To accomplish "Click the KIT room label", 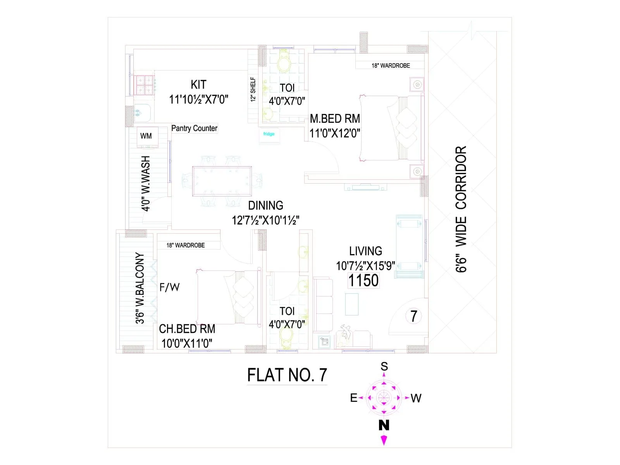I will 198,84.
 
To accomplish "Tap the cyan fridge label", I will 269,134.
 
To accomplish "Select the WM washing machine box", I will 146,136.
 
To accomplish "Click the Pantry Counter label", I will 194,128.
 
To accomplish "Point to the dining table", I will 222,181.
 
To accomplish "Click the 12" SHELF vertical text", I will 253,90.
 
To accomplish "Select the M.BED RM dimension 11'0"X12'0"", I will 335,133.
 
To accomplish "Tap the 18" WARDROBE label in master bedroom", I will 391,65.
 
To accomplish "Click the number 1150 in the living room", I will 363,281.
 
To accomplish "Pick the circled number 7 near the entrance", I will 413,316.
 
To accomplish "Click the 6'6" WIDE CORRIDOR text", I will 461,209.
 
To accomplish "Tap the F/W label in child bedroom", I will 169,287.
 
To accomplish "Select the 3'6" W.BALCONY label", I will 140,288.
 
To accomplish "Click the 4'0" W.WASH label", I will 146,183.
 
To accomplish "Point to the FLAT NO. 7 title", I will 287,375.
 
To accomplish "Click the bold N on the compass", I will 384,425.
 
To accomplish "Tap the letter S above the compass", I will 384,366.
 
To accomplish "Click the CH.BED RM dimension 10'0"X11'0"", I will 187,343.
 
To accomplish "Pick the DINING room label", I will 265,205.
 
